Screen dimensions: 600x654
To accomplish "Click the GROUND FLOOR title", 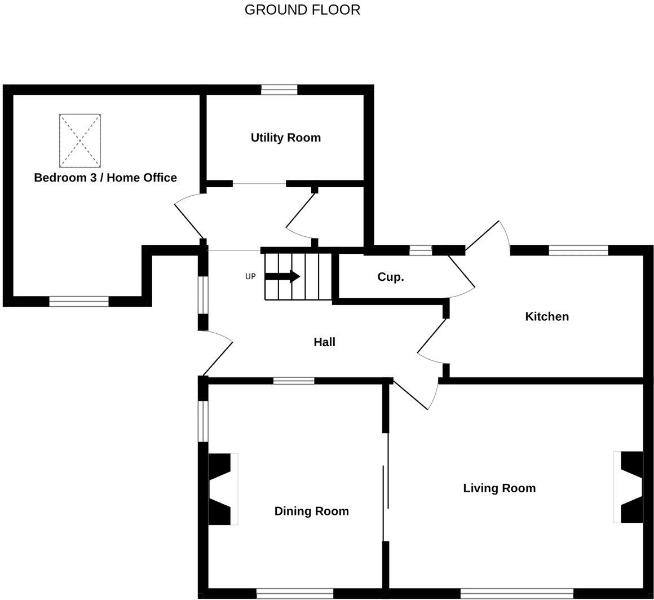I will coord(302,10).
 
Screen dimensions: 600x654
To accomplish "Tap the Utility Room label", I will coord(285,138).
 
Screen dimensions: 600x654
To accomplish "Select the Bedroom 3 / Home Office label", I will coord(105,178).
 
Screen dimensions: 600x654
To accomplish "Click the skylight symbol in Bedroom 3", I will coord(80,140).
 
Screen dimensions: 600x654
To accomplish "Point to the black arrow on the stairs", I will coord(282,276).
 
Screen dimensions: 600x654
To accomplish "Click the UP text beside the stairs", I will coord(250,276).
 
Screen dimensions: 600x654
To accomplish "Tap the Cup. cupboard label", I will coord(391,277).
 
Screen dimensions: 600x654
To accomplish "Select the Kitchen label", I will coord(546,316).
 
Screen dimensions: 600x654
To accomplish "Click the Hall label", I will coord(324,342).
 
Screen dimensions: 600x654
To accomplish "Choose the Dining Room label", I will coord(311,511).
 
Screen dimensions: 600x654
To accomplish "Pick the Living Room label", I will coord(499,488).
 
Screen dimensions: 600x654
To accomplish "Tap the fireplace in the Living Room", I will coord(629,487).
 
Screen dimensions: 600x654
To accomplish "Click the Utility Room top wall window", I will coord(279,89).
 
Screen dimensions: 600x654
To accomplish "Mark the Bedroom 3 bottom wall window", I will coord(79,302).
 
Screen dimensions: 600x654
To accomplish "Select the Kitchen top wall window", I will coord(578,250).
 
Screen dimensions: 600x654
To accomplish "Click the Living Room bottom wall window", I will coord(516,593).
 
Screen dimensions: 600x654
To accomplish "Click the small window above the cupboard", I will coord(421,250).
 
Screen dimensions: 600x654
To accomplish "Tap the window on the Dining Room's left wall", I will coord(203,421).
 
